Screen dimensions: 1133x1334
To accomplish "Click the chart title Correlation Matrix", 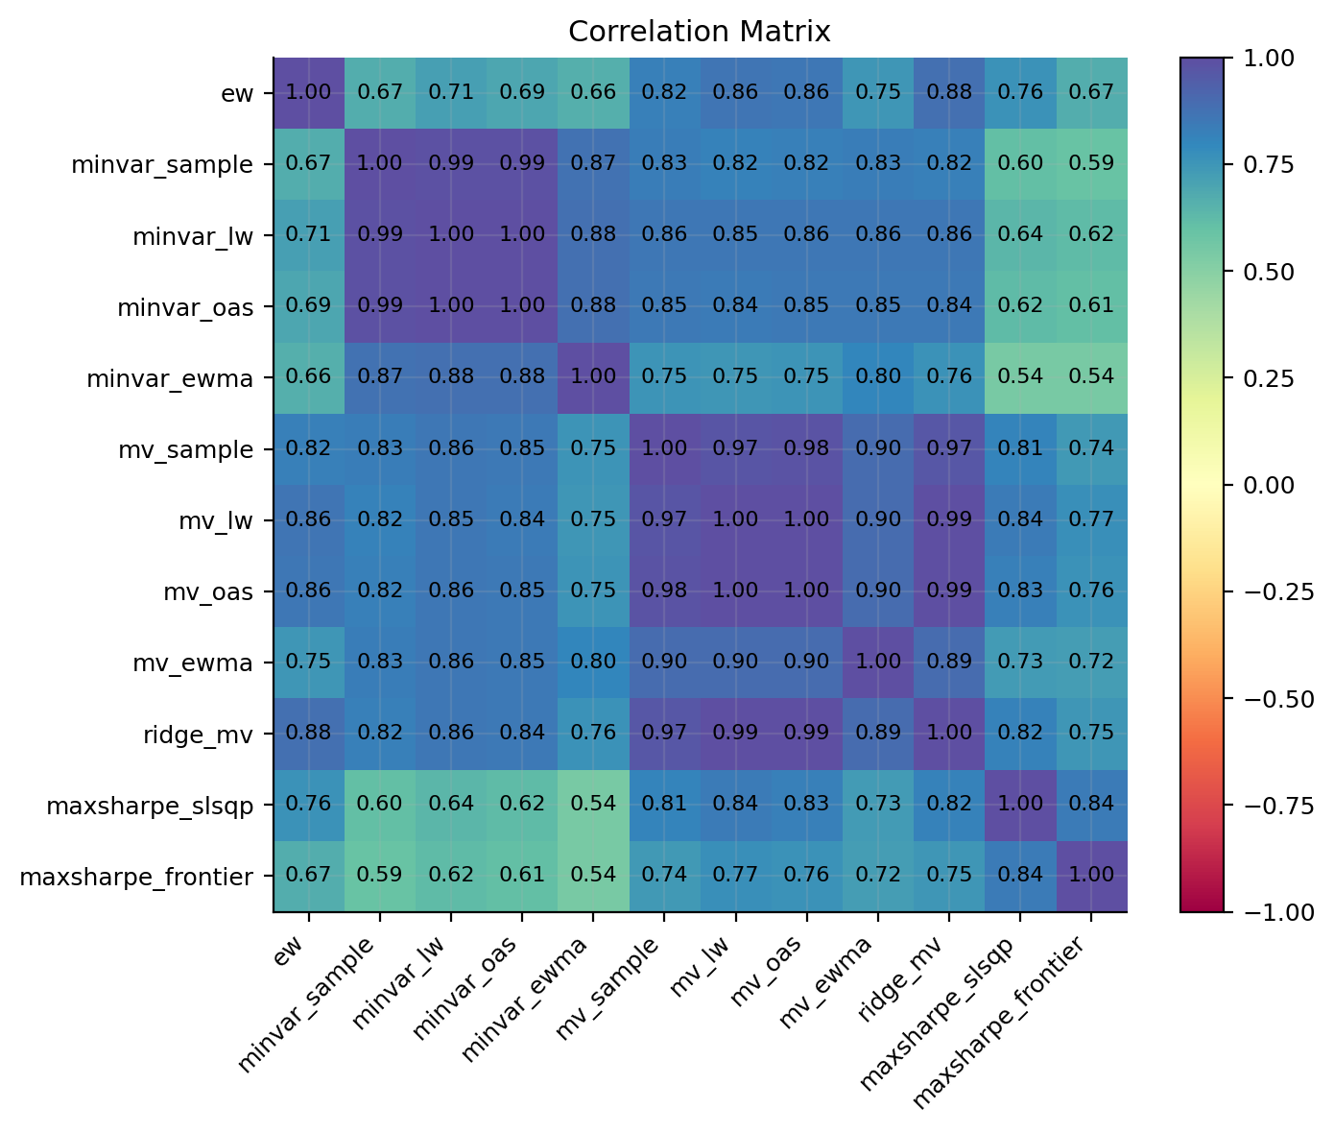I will [x=699, y=32].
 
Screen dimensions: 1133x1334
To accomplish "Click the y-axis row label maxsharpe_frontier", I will [x=136, y=876].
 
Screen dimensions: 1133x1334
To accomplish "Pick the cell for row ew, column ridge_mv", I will [x=948, y=93].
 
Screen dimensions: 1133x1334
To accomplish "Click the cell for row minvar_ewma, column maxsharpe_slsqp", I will [x=1019, y=377].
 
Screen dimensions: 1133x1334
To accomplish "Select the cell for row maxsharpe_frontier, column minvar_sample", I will [x=380, y=875].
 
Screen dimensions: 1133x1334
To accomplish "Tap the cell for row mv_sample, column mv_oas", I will [x=806, y=448].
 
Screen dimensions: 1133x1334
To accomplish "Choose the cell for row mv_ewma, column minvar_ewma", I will [x=593, y=662].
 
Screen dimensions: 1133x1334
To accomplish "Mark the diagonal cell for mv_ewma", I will [x=877, y=662].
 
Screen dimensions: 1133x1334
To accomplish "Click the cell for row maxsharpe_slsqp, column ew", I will [x=309, y=804].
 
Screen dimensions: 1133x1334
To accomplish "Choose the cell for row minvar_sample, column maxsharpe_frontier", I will [x=1090, y=164].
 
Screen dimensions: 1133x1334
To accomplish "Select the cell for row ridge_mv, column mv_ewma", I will [x=877, y=733].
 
